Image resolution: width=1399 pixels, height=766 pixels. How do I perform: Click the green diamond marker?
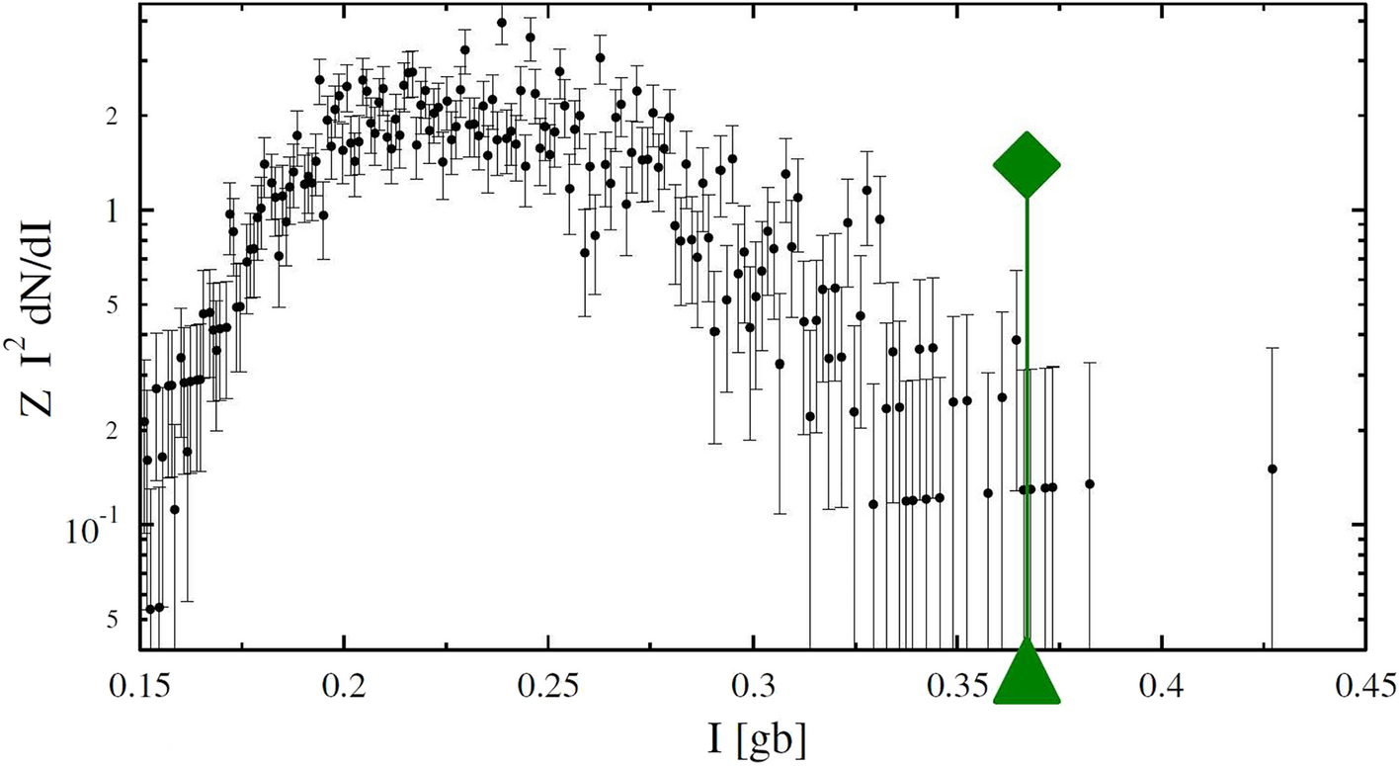(x=1027, y=165)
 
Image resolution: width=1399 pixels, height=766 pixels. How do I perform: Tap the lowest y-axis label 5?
(x=113, y=618)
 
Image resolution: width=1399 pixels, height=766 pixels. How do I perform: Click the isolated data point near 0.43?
(x=1272, y=468)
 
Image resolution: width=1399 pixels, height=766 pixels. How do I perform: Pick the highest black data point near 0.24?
(x=502, y=23)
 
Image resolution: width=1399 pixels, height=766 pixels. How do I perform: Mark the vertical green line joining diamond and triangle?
(x=1027, y=415)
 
